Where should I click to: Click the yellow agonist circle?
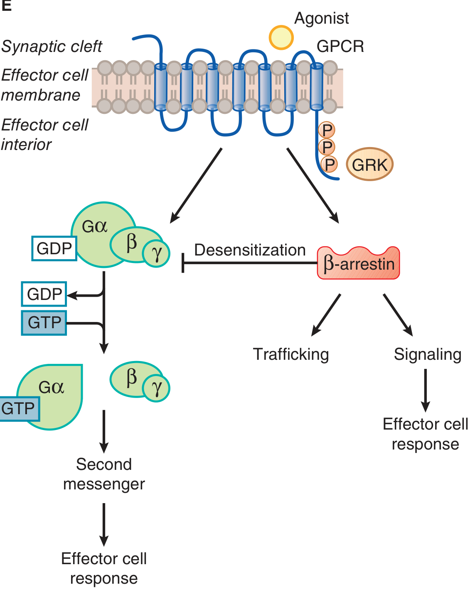coord(281,37)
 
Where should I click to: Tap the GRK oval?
coord(369,165)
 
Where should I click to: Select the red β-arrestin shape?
coord(358,263)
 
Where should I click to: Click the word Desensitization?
coord(250,250)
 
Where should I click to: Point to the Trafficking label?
coord(291,354)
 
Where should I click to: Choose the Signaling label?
coord(428,354)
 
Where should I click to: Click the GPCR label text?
coord(340,46)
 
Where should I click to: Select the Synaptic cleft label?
coord(52,47)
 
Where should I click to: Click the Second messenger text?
coord(104,474)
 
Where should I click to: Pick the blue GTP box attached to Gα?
coord(19,409)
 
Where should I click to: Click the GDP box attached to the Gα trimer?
coord(54,248)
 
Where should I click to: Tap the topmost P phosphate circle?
coord(327,130)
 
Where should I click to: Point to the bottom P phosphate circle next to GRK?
coord(329,165)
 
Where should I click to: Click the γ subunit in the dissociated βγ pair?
coord(156,388)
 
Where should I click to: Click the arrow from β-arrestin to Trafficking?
coord(326,314)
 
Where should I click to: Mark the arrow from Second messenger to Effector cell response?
coord(104,524)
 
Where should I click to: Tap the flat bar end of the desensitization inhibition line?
coord(183,263)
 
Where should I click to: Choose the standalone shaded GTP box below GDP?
coord(44,323)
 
